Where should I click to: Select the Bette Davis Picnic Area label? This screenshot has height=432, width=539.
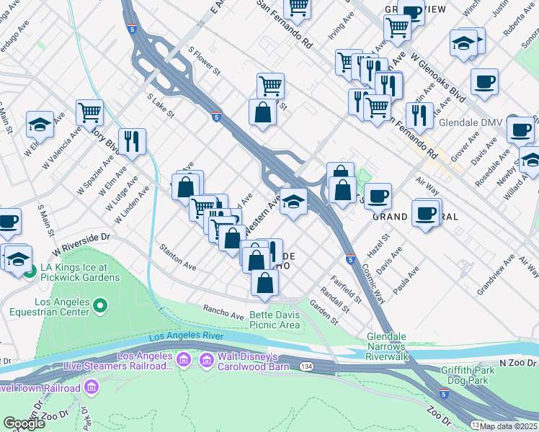click(275, 320)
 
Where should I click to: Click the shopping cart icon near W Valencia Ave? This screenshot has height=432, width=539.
click(90, 112)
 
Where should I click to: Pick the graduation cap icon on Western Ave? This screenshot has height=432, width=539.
click(293, 202)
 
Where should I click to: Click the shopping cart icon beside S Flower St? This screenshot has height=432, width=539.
click(270, 85)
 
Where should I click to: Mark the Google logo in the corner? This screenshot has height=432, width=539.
click(24, 424)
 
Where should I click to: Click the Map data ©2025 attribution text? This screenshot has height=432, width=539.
click(509, 426)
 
